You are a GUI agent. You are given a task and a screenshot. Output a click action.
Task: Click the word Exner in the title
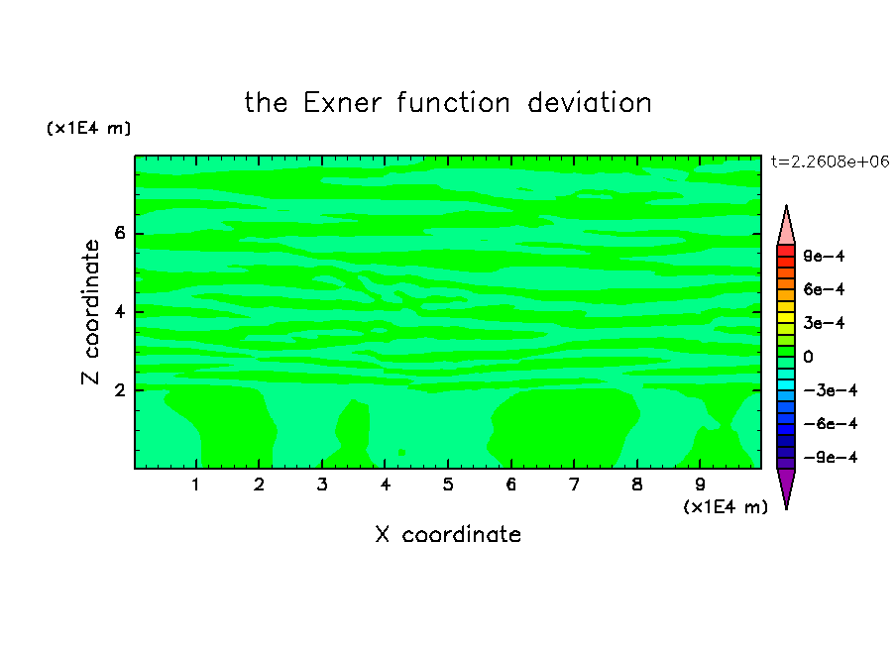click(342, 103)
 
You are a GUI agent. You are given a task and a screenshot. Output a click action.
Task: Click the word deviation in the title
click(589, 103)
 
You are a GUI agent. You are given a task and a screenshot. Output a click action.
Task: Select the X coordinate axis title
click(448, 534)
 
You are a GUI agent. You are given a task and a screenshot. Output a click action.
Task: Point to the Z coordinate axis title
click(90, 312)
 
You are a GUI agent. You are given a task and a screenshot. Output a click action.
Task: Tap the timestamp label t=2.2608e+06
click(830, 162)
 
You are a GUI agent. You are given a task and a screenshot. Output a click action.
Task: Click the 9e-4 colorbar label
click(824, 256)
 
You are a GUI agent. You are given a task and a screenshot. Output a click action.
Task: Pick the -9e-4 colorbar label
click(831, 457)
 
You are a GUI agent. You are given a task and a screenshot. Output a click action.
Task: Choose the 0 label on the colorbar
click(808, 357)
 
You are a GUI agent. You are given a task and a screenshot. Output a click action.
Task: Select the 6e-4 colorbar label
click(824, 289)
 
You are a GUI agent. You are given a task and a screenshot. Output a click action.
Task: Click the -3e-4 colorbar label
click(831, 390)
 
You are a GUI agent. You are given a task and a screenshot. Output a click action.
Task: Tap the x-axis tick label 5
click(448, 485)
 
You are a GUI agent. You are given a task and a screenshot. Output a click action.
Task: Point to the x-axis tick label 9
click(700, 485)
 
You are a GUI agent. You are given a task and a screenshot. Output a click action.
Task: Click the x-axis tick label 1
click(195, 485)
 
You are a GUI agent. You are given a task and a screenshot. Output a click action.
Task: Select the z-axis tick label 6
click(119, 233)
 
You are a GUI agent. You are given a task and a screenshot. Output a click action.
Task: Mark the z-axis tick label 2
click(119, 390)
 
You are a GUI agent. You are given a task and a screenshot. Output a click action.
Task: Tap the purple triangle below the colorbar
click(786, 486)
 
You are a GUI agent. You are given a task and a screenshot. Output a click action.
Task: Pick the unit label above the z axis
click(88, 128)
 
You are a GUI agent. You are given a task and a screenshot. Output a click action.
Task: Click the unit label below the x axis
click(726, 507)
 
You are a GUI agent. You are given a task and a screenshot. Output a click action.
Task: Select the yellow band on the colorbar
click(786, 318)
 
